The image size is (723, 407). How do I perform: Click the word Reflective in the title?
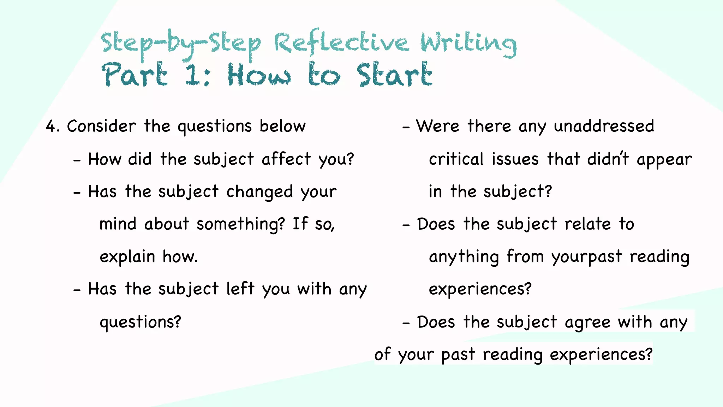(341, 43)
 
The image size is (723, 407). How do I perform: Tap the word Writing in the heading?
(468, 44)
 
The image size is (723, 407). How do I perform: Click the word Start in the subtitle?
(394, 75)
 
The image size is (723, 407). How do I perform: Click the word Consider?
(101, 126)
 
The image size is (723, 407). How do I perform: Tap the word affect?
(286, 159)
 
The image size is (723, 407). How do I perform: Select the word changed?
(259, 192)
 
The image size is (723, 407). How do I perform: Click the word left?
(240, 289)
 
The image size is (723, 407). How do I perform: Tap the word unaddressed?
(604, 126)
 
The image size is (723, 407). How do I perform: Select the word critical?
(456, 159)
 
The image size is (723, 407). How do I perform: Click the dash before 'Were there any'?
(406, 127)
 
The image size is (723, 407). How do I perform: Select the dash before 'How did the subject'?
(77, 160)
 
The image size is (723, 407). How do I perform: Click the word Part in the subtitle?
(135, 75)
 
